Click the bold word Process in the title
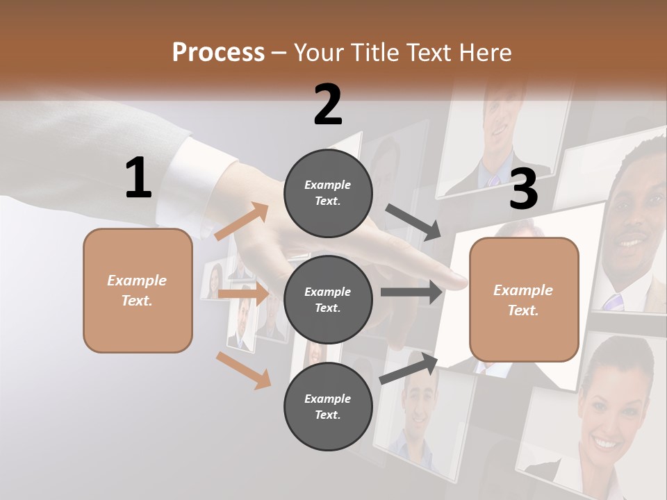[218, 52]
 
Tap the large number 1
[138, 178]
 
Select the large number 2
[328, 105]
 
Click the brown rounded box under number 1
[138, 290]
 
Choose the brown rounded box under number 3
[524, 299]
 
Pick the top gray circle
[328, 192]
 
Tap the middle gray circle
[328, 299]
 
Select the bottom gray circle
[328, 406]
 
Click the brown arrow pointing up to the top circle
[242, 222]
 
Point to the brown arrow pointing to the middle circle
[243, 294]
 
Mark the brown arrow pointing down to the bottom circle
[244, 370]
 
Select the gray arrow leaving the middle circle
[411, 292]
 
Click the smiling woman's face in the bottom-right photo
[607, 410]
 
